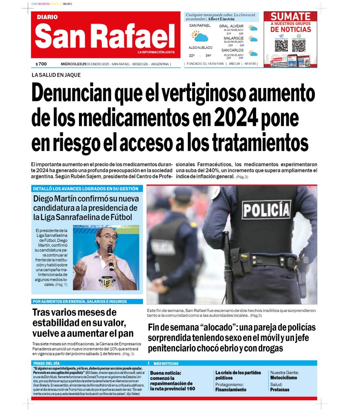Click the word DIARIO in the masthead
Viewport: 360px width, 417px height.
point(47,17)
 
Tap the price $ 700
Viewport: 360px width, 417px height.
point(41,64)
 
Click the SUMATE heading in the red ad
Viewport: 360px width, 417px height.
point(290,17)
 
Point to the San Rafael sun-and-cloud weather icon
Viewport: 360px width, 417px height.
point(200,36)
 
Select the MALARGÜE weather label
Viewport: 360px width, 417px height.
point(233,38)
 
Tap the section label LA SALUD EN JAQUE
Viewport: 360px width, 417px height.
point(56,75)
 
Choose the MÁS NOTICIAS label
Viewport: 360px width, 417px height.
point(166,363)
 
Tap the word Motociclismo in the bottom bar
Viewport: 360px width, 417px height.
point(283,378)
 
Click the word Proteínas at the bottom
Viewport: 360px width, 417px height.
point(279,390)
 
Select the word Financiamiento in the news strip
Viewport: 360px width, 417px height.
point(230,390)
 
